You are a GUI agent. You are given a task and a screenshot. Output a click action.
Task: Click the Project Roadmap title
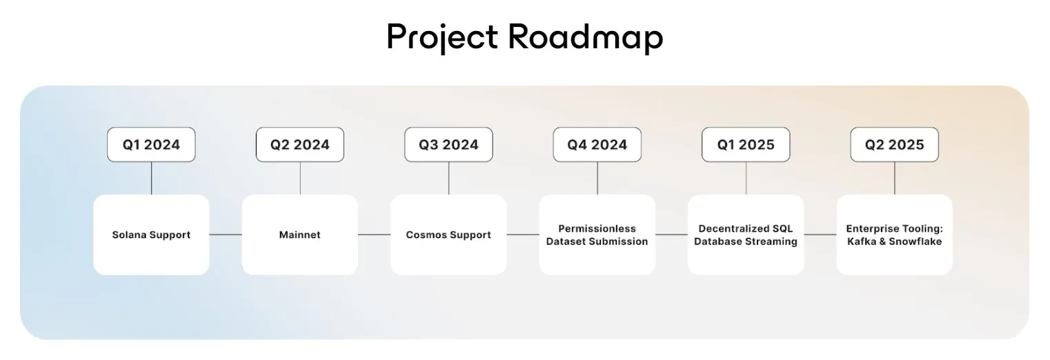[x=524, y=37]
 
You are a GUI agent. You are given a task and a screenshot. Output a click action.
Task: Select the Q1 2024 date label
[x=151, y=145]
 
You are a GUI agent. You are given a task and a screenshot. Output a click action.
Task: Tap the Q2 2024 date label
[x=299, y=145]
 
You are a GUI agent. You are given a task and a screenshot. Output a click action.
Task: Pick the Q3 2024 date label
[x=448, y=145]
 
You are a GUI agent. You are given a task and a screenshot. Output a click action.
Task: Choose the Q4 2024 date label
[x=597, y=145]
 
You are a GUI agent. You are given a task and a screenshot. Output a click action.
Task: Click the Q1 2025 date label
[x=746, y=145]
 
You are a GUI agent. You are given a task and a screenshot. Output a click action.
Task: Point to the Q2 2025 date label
[x=894, y=145]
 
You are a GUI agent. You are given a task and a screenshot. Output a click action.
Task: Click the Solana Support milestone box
[x=151, y=234]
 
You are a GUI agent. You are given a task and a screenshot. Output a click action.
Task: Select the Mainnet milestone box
[x=299, y=234]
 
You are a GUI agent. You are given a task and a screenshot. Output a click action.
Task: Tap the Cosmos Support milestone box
[x=448, y=234]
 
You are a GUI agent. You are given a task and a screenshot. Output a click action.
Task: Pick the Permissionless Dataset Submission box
[x=597, y=234]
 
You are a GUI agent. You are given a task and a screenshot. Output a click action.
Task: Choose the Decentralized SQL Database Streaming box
[x=746, y=234]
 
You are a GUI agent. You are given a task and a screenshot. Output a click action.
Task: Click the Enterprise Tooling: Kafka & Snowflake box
[x=894, y=234]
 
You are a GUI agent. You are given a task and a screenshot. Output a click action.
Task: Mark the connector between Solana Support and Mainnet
[x=226, y=234]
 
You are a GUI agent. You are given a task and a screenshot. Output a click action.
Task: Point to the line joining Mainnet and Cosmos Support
[x=374, y=234]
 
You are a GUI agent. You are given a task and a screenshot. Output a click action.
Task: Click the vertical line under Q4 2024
[x=597, y=178]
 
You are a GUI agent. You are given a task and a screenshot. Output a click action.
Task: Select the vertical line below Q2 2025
[x=895, y=178]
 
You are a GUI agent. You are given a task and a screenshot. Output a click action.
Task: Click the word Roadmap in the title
[x=585, y=37]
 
